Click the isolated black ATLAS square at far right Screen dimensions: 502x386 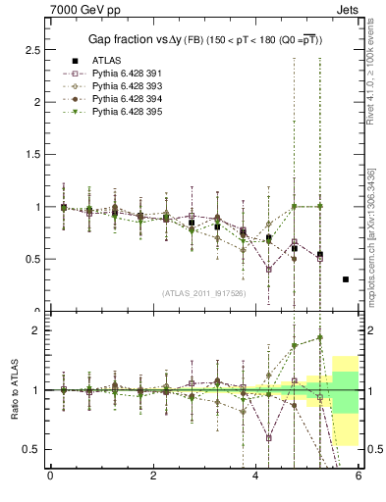[346, 279]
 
